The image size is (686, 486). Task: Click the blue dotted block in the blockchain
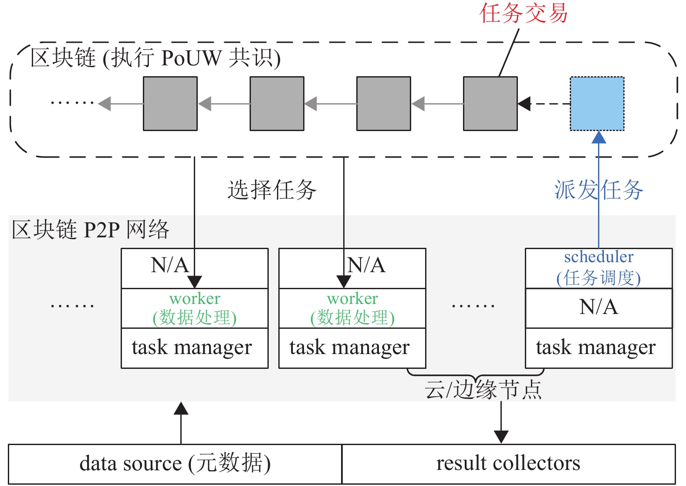(597, 104)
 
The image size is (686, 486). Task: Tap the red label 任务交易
(524, 13)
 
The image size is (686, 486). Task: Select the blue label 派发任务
(599, 190)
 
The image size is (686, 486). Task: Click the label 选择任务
(272, 190)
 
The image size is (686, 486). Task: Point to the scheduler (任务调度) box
(599, 268)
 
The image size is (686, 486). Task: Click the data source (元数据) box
(175, 464)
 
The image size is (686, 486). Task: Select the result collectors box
(508, 464)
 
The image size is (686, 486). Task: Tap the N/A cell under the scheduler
(599, 307)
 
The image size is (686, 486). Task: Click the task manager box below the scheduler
(599, 348)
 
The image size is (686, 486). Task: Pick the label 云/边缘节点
(483, 389)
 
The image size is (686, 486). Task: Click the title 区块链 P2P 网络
(90, 229)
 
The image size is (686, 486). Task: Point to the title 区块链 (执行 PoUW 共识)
(155, 58)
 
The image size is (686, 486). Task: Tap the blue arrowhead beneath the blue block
(599, 137)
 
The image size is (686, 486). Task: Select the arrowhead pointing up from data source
(181, 408)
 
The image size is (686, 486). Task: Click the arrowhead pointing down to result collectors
(501, 436)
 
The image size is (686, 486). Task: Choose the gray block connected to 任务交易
(490, 104)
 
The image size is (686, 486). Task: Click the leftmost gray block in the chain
(170, 104)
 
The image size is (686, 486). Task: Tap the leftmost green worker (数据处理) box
(195, 308)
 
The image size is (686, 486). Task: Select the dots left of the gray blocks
(72, 103)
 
